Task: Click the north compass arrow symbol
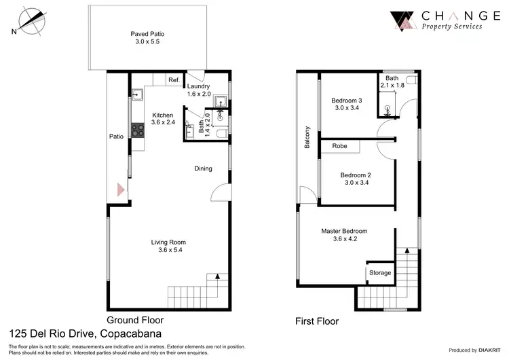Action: click(32, 19)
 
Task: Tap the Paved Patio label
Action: click(147, 37)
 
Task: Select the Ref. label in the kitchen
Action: click(174, 81)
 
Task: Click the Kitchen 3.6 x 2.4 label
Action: click(163, 119)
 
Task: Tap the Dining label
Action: click(204, 168)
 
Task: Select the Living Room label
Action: click(168, 245)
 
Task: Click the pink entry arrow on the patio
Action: click(120, 190)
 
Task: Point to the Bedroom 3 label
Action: click(348, 104)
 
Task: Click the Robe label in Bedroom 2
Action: click(339, 146)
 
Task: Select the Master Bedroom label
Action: click(344, 234)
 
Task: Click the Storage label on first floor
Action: click(380, 272)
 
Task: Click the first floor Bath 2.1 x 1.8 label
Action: click(392, 82)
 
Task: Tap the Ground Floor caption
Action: click(134, 319)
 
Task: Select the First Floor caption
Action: click(316, 321)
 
